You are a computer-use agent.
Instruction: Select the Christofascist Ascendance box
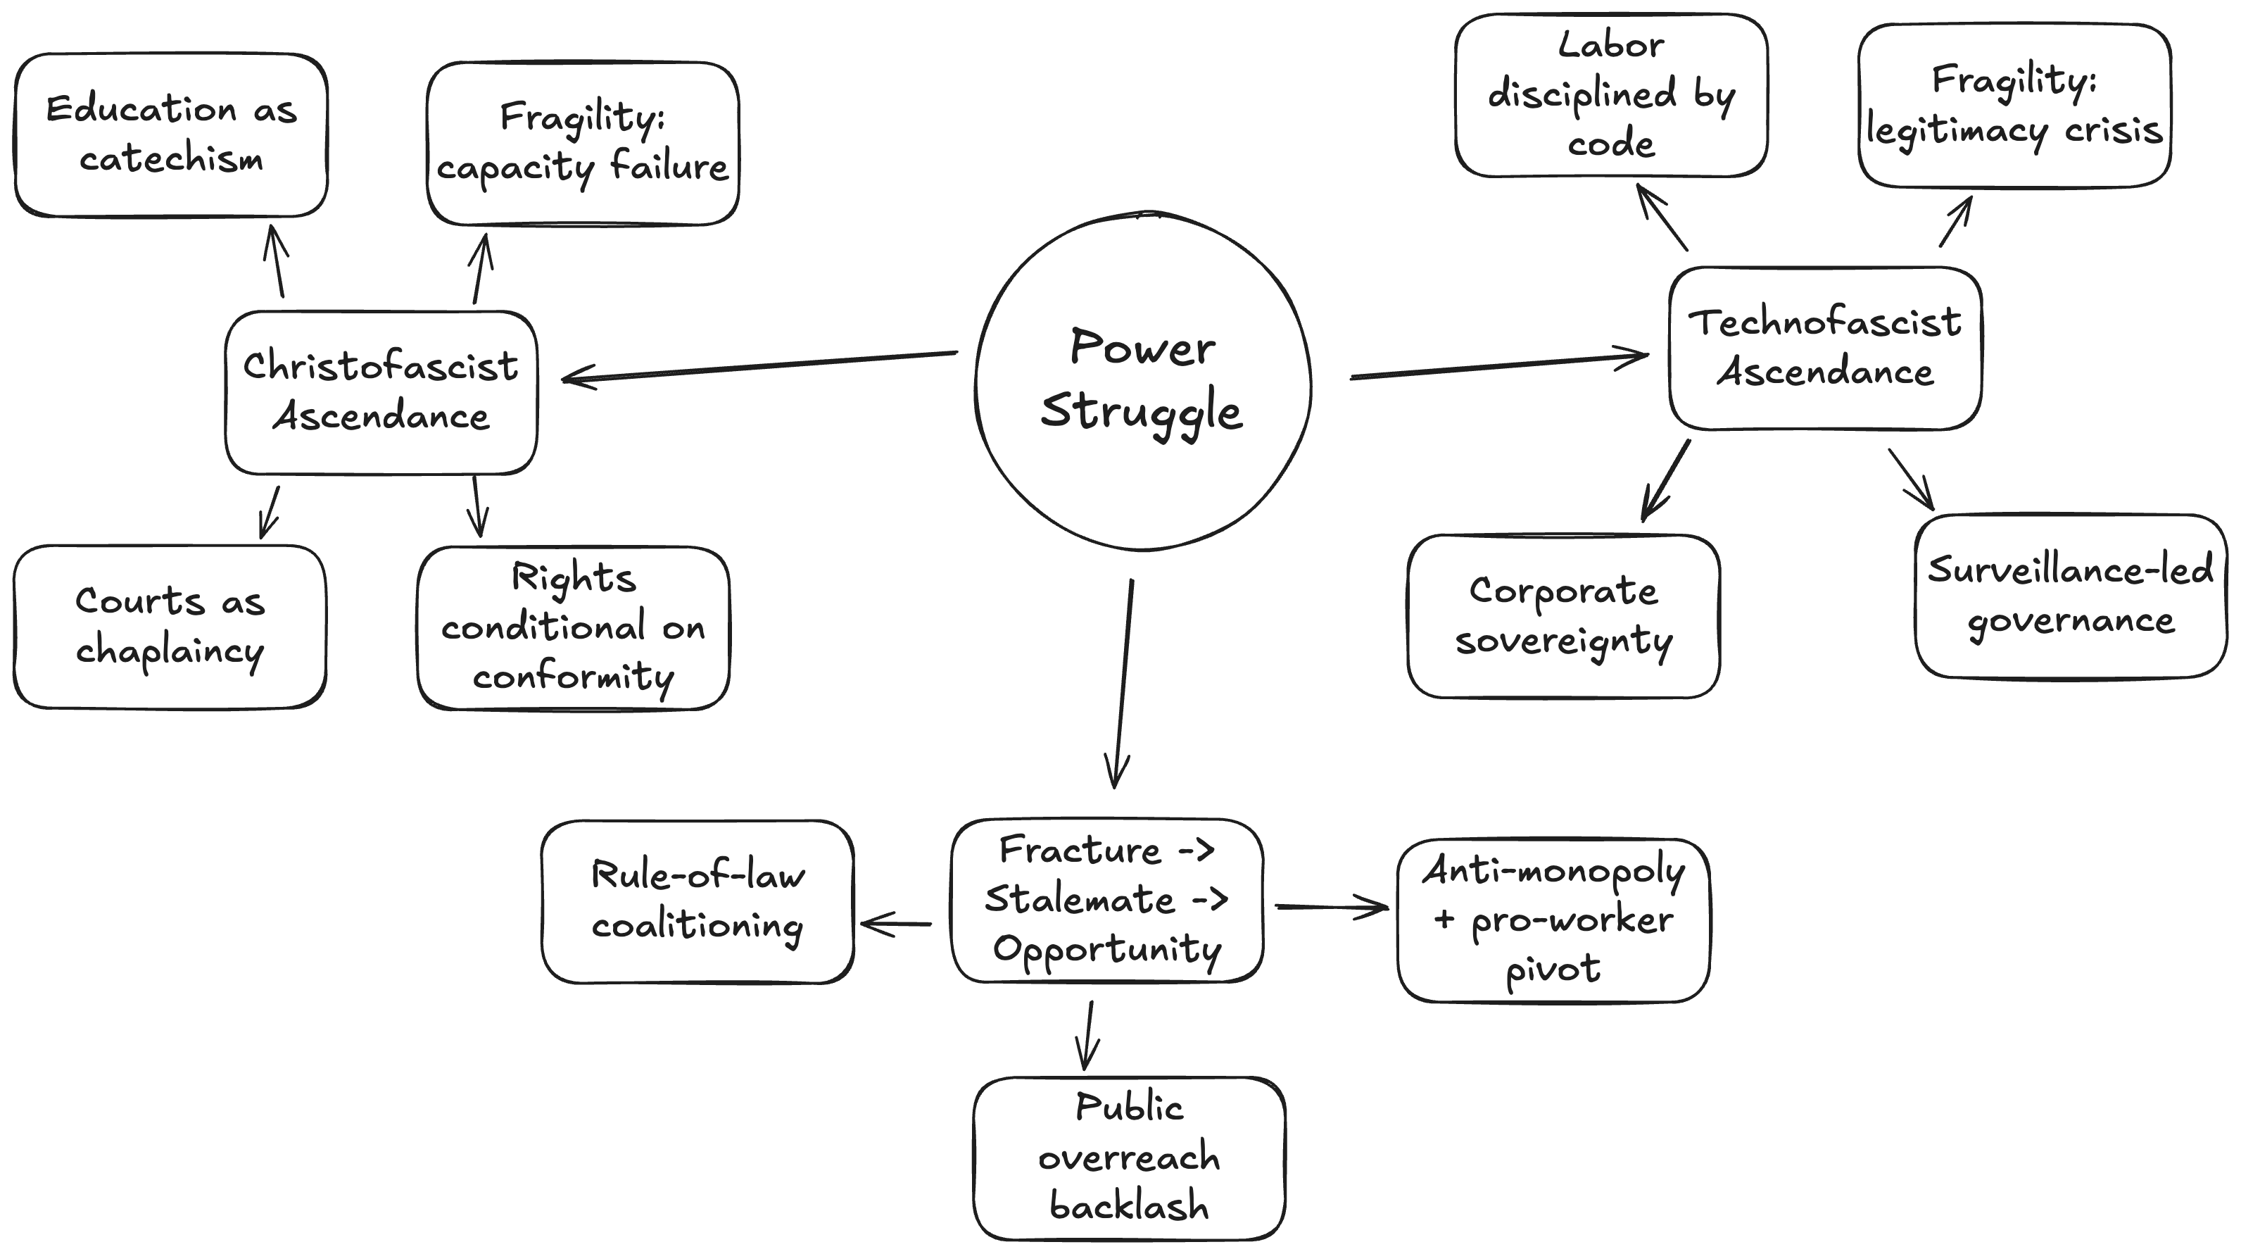(x=381, y=391)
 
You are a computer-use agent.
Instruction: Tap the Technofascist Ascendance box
(x=1824, y=348)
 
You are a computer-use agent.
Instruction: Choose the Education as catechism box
(x=171, y=135)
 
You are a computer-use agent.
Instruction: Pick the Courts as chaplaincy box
(x=170, y=627)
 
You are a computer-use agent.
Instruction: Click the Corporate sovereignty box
(x=1563, y=616)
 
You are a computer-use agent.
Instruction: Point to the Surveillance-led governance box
(x=2071, y=596)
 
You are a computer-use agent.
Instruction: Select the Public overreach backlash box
(x=1129, y=1158)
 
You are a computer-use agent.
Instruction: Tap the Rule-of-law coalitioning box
(x=697, y=901)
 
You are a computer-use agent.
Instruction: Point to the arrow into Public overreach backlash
(x=1087, y=1036)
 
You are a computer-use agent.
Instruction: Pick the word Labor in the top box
(x=1610, y=45)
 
